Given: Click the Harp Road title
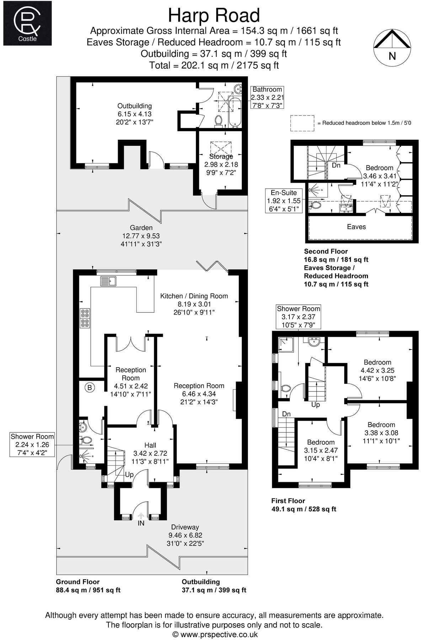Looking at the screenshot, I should click(214, 16).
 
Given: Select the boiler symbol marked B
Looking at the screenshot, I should click(90, 388).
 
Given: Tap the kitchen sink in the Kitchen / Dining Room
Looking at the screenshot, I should click(108, 281).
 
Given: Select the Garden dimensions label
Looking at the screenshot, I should click(141, 236).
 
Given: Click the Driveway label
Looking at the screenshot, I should click(185, 527).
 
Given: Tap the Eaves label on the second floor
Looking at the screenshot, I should click(356, 227).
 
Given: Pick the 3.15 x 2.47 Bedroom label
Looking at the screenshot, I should click(321, 450).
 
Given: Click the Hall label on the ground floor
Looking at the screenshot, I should click(150, 445).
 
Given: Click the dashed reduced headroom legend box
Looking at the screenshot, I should click(302, 123).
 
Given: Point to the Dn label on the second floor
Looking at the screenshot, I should click(336, 166).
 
